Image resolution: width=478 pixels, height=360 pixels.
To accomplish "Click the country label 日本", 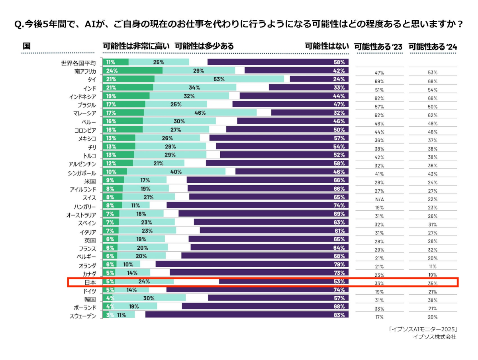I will [x=89, y=282].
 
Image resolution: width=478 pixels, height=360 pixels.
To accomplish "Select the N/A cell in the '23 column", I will [x=379, y=199].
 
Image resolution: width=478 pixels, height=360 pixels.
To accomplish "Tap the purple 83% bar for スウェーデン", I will [x=247, y=315].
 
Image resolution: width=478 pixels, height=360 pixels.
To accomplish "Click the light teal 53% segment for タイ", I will [x=219, y=79].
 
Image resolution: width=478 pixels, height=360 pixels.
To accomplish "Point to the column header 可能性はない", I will [x=327, y=46].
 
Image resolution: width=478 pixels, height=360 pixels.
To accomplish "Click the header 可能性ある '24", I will [x=433, y=46].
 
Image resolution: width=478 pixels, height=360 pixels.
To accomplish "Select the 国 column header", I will [x=26, y=46].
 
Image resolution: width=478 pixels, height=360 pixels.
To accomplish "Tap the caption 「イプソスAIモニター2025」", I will [x=423, y=330].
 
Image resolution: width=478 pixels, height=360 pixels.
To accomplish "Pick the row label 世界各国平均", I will [x=78, y=62].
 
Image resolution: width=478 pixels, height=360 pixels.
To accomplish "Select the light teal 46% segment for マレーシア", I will [x=200, y=113].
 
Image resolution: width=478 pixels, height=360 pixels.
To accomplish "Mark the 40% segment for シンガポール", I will [x=176, y=172].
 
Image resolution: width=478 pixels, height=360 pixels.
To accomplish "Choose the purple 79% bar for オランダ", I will [x=252, y=264].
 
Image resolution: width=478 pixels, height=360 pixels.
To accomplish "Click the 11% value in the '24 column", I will [x=433, y=266].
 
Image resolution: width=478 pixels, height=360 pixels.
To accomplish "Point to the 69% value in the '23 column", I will [x=379, y=81].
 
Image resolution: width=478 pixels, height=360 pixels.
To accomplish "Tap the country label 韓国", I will [x=90, y=299].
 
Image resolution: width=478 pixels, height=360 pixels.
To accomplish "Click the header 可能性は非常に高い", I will [x=136, y=46].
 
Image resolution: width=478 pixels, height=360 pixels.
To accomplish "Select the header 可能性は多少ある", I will [x=204, y=46].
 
